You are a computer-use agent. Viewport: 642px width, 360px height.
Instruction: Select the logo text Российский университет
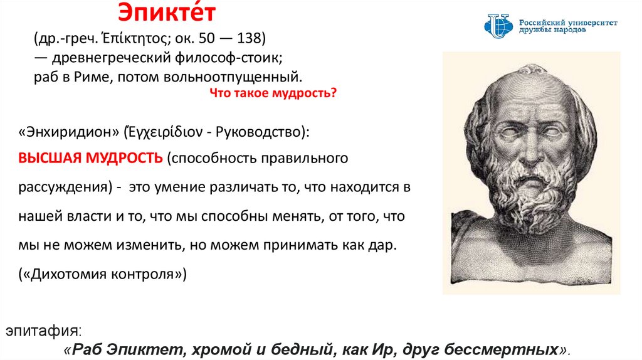tap(569, 22)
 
